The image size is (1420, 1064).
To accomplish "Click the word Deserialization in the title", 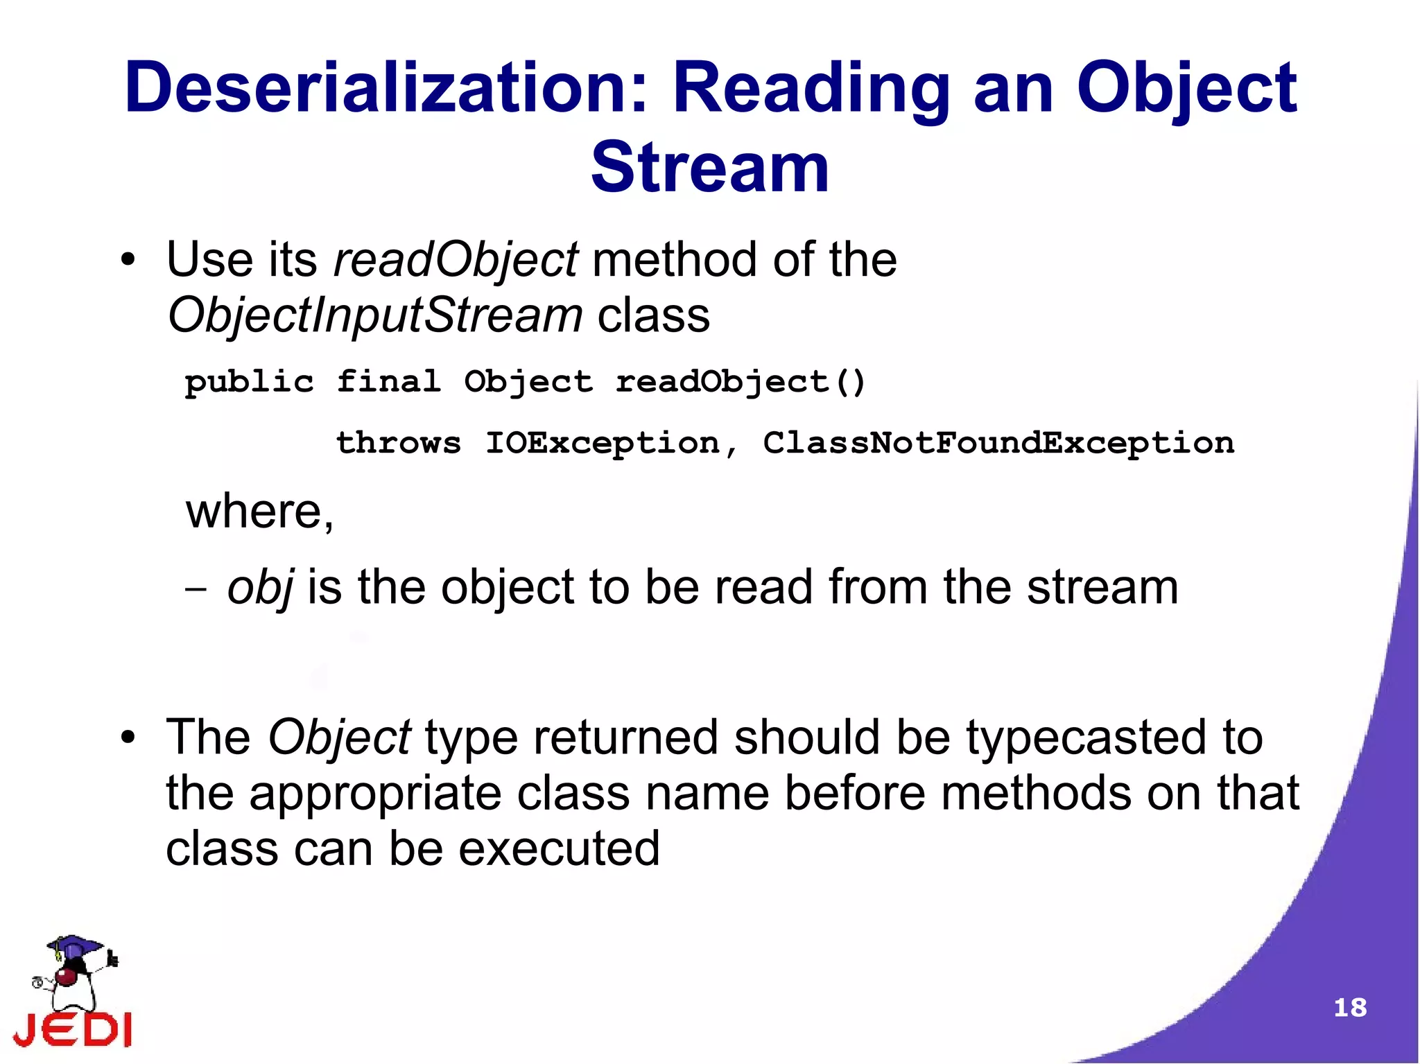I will tap(386, 88).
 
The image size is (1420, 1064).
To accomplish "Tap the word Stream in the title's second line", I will tap(709, 168).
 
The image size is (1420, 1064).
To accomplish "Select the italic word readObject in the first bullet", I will tap(456, 261).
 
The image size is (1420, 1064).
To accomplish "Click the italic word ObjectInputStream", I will tap(375, 316).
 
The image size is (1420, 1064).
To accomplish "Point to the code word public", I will tap(249, 382).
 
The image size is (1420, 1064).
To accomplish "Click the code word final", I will tap(388, 382).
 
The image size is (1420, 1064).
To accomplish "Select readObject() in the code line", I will tap(741, 382).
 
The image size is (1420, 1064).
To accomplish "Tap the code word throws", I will tap(398, 443).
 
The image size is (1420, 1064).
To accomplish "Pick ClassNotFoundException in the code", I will tap(998, 443).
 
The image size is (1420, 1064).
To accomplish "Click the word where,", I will tap(260, 512).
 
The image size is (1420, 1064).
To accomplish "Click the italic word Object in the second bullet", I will tap(339, 738).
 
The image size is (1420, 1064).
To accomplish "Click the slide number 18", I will tap(1349, 1007).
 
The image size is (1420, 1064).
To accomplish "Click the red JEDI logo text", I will tap(73, 1030).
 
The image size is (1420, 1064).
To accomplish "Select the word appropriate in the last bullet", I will tap(374, 794).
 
